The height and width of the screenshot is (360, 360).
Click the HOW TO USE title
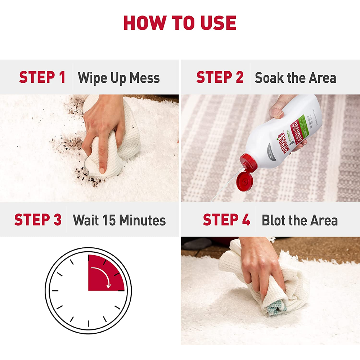(x=180, y=23)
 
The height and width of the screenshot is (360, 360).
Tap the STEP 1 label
(x=42, y=77)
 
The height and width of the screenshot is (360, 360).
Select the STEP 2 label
(x=220, y=77)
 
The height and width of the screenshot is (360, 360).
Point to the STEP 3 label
(x=38, y=220)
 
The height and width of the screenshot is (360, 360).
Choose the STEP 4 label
(x=226, y=220)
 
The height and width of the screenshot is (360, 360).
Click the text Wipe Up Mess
(x=119, y=78)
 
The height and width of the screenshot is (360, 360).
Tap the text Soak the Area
(x=296, y=78)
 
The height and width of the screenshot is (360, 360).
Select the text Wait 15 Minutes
(x=119, y=220)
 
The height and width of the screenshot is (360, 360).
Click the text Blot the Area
(x=300, y=220)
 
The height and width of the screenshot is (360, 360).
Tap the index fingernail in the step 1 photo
(x=103, y=170)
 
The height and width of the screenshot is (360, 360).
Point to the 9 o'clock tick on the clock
(x=55, y=290)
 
